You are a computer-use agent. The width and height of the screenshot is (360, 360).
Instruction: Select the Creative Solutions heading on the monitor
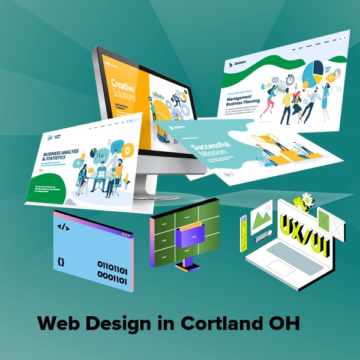124,88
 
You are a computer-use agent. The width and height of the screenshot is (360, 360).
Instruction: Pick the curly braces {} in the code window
61,262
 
